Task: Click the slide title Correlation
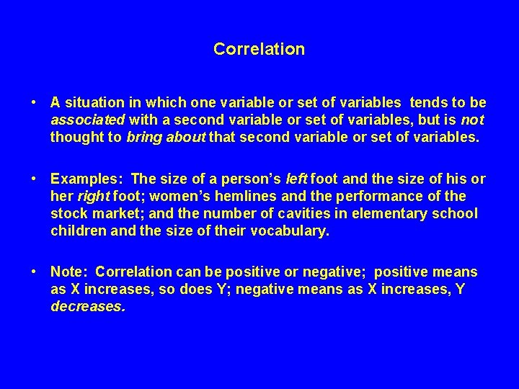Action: pyautogui.click(x=259, y=50)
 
